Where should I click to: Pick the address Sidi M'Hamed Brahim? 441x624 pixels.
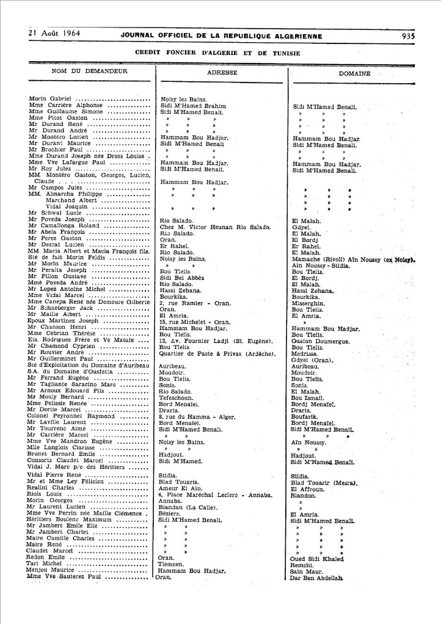click(x=193, y=106)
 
